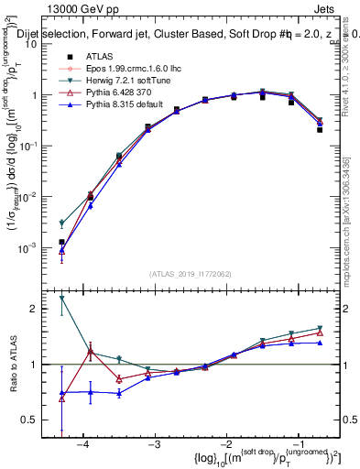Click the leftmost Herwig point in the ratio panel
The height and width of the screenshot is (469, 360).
click(x=61, y=298)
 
